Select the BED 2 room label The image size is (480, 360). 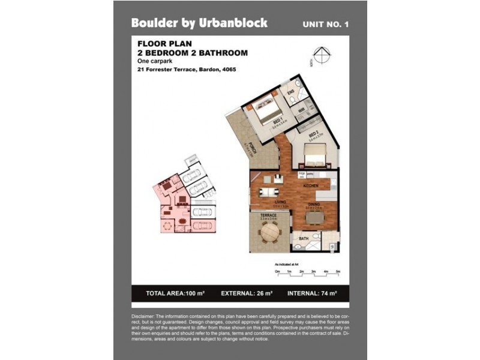313,136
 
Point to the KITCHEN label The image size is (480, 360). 310,186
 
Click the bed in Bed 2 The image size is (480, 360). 313,158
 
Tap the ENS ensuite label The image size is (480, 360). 290,91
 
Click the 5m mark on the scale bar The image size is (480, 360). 338,272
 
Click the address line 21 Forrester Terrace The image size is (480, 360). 186,70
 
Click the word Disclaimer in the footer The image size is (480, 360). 143,316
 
